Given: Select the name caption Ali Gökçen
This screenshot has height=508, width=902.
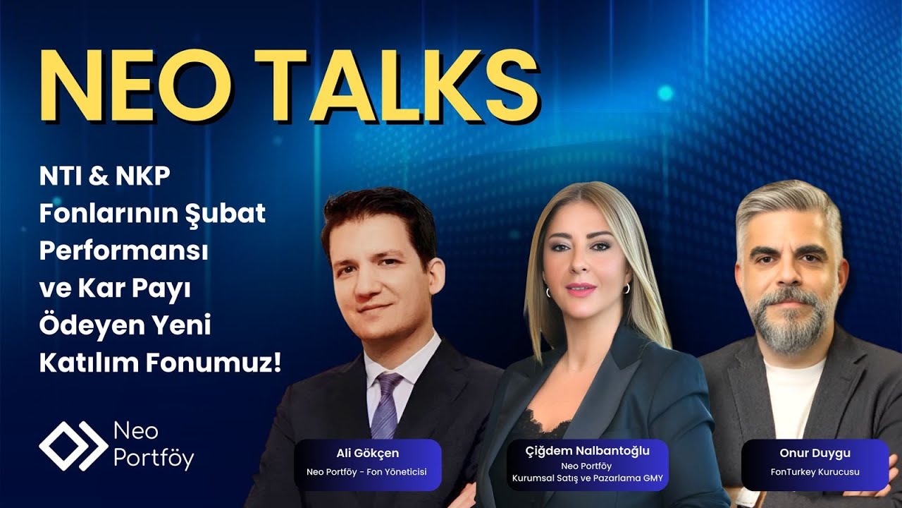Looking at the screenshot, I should [367, 453].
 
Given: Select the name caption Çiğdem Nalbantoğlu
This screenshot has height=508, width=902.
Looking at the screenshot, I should [588, 451].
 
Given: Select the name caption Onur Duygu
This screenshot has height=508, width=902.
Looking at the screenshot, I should [815, 453].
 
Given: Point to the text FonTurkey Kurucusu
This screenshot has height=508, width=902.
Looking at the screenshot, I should [815, 472].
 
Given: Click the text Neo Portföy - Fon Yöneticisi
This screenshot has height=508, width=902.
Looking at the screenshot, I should [367, 472].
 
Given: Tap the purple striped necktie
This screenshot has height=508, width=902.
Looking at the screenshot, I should [385, 406].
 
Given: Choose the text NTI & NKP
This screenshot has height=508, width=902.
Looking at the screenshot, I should [105, 176].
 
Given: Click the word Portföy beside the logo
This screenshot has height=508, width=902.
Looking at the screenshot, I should [153, 458].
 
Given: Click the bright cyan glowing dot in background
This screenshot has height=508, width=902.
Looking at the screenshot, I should [665, 92].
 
